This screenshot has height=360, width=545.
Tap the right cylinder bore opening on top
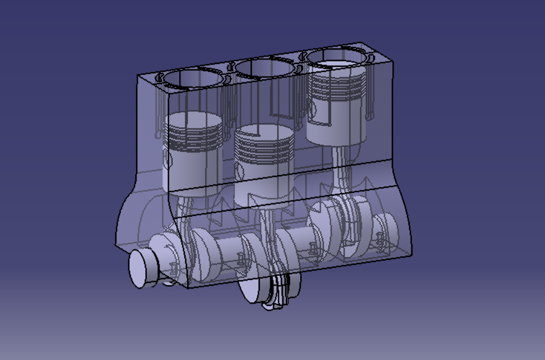click(336, 58)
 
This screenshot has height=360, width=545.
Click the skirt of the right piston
click(337, 130)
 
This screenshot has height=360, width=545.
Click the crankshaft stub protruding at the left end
click(142, 268)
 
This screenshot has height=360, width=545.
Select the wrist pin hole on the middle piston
click(239, 168)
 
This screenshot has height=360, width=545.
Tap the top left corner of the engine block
click(137, 75)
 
